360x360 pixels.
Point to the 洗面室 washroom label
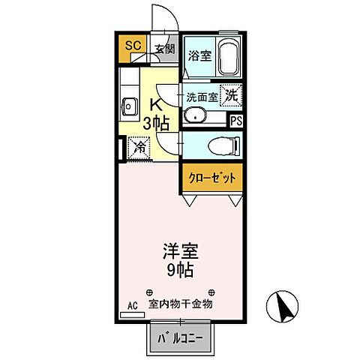(x=202, y=97)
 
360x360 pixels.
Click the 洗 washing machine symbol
(x=231, y=96)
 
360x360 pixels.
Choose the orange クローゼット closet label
(x=211, y=178)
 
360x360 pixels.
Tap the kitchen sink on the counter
(x=126, y=106)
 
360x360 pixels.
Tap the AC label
(x=132, y=306)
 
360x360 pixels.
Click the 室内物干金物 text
(x=181, y=304)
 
